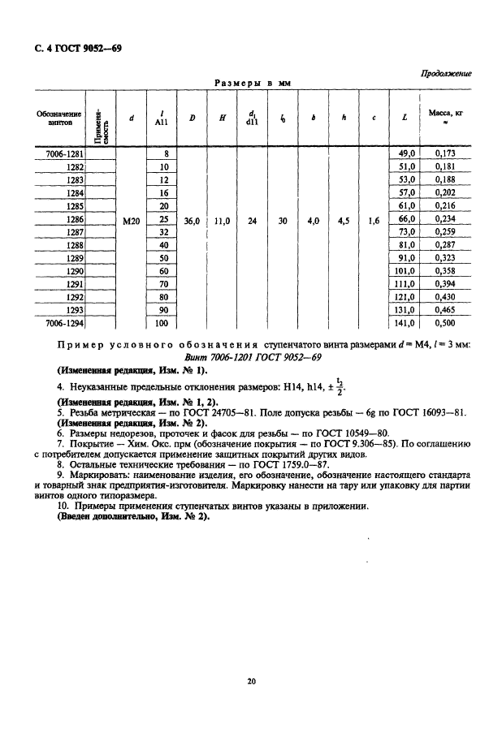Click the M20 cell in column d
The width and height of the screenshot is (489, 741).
[131, 219]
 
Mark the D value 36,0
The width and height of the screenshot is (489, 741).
[192, 219]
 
